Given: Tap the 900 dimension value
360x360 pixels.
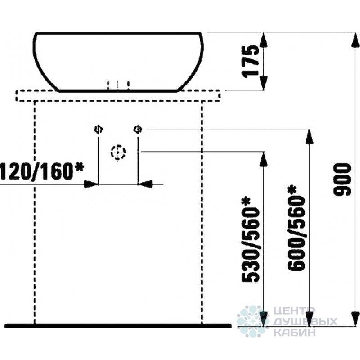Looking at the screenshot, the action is [342, 180].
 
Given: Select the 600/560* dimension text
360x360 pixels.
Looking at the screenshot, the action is [297, 228].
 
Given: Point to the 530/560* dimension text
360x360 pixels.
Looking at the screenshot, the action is [251, 239].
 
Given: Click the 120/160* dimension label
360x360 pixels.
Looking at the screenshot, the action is [42, 171].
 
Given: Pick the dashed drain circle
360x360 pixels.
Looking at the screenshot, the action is [118, 153].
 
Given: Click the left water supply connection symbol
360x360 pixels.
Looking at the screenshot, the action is [99, 130].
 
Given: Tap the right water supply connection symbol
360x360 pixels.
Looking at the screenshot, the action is [138, 129].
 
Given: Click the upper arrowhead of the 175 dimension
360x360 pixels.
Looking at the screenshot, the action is [264, 40].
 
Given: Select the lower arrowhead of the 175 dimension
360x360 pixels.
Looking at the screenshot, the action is [264, 83].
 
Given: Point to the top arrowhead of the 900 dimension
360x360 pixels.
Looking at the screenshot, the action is [355, 40].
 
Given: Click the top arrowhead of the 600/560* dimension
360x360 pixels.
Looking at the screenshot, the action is [310, 137].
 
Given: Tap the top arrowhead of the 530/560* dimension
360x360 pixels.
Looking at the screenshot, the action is [264, 159].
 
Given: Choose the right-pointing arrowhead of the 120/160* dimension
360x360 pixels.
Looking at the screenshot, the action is [92, 184].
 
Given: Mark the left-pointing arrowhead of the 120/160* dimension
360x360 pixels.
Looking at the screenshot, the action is [145, 184].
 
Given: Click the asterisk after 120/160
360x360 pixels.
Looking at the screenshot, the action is [79, 167].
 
